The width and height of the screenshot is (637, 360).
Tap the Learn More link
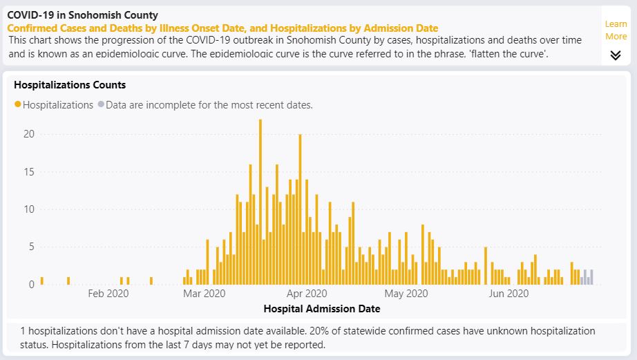pyautogui.click(x=616, y=30)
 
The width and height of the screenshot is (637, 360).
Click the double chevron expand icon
pyautogui.click(x=616, y=55)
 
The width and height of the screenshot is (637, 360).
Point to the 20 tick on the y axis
pyautogui.click(x=28, y=134)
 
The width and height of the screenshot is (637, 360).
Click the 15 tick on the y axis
pyautogui.click(x=28, y=171)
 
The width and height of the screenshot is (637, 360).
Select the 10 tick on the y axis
pyautogui.click(x=28, y=209)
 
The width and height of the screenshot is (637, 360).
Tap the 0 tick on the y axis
pyautogui.click(x=31, y=284)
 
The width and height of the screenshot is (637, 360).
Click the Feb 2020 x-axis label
pyautogui.click(x=108, y=294)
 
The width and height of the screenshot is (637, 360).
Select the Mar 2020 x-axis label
pyautogui.click(x=206, y=294)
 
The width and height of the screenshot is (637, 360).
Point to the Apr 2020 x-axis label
pyautogui.click(x=306, y=294)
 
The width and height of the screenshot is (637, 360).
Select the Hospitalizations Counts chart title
pyautogui.click(x=70, y=85)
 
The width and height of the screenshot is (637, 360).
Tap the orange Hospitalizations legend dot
pyautogui.click(x=17, y=105)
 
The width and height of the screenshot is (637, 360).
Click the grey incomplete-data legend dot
pyautogui.click(x=101, y=105)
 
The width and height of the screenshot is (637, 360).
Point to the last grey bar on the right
pyautogui.click(x=591, y=277)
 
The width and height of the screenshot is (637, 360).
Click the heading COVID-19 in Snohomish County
pyautogui.click(x=82, y=15)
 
